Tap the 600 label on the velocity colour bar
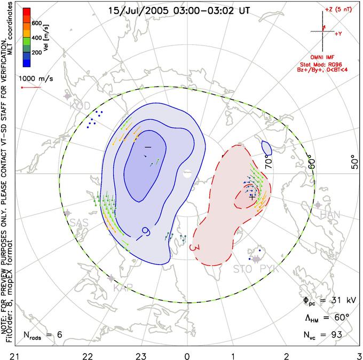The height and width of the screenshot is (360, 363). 37,23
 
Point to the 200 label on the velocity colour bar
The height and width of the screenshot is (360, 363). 37,52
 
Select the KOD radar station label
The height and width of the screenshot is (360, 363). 80,106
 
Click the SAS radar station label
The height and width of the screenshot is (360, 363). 79,222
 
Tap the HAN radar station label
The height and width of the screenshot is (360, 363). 329,214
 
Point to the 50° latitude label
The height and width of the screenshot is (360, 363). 352,161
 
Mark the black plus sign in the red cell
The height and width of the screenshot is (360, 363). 252,196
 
